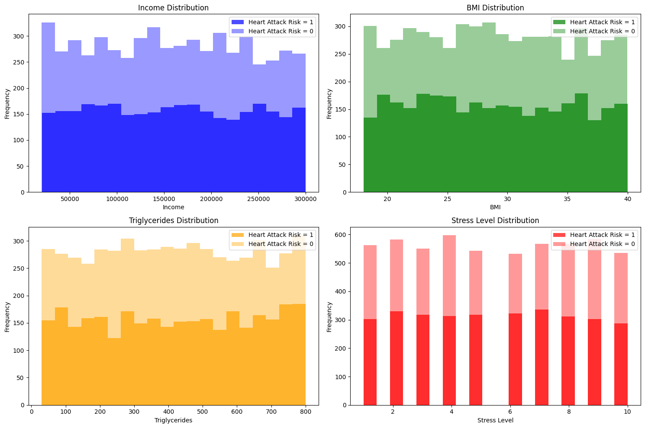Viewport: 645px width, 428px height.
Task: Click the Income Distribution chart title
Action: coord(173,8)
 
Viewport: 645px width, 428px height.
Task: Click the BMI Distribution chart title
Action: coord(495,8)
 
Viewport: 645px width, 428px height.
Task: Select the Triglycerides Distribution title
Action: coord(173,220)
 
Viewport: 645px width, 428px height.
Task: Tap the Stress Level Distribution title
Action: coord(495,220)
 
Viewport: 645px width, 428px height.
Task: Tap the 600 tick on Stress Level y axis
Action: coord(341,235)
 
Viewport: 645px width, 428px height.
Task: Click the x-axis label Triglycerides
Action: coord(173,420)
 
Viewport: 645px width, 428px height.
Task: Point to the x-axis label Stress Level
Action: coord(495,420)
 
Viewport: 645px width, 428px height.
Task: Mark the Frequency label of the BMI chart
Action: coord(329,104)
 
